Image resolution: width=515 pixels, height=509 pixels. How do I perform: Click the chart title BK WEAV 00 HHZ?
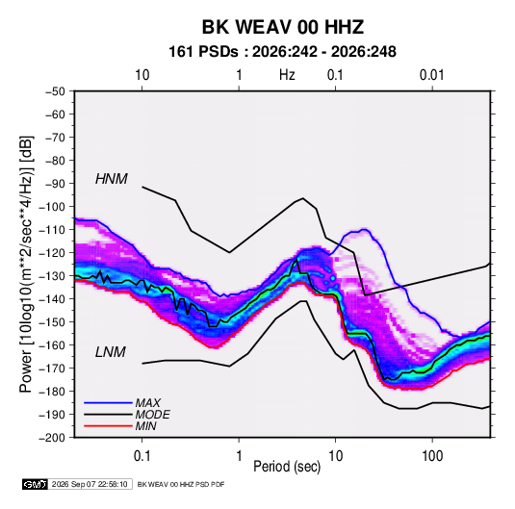pyautogui.click(x=282, y=27)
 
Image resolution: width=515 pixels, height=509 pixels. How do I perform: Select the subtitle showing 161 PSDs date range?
pyautogui.click(x=282, y=52)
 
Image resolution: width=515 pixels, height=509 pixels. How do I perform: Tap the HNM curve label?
pyautogui.click(x=112, y=179)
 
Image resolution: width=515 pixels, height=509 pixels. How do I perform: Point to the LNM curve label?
pyautogui.click(x=111, y=352)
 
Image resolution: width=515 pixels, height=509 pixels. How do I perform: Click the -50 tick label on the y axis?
pyautogui.click(x=56, y=91)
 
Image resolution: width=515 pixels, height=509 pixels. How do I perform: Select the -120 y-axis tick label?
pyautogui.click(x=52, y=253)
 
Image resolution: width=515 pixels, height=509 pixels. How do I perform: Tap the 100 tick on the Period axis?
pyautogui.click(x=432, y=456)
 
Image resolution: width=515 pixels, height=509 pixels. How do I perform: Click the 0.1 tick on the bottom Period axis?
pyautogui.click(x=142, y=456)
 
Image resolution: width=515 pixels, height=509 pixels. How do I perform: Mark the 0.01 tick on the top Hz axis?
pyautogui.click(x=432, y=75)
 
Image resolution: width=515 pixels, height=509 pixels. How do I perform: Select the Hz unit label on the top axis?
pyautogui.click(x=287, y=75)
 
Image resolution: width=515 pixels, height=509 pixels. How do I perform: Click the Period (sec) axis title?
pyautogui.click(x=287, y=467)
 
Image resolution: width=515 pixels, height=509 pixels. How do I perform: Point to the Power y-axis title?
pyautogui.click(x=26, y=265)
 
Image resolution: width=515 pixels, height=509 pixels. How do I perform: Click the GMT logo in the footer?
pyautogui.click(x=36, y=484)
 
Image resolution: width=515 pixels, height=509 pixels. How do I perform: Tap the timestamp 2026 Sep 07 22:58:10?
pyautogui.click(x=90, y=484)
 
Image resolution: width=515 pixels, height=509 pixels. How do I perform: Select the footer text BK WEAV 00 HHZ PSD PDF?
pyautogui.click(x=181, y=484)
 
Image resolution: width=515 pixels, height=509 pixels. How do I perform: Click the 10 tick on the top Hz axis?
pyautogui.click(x=142, y=75)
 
